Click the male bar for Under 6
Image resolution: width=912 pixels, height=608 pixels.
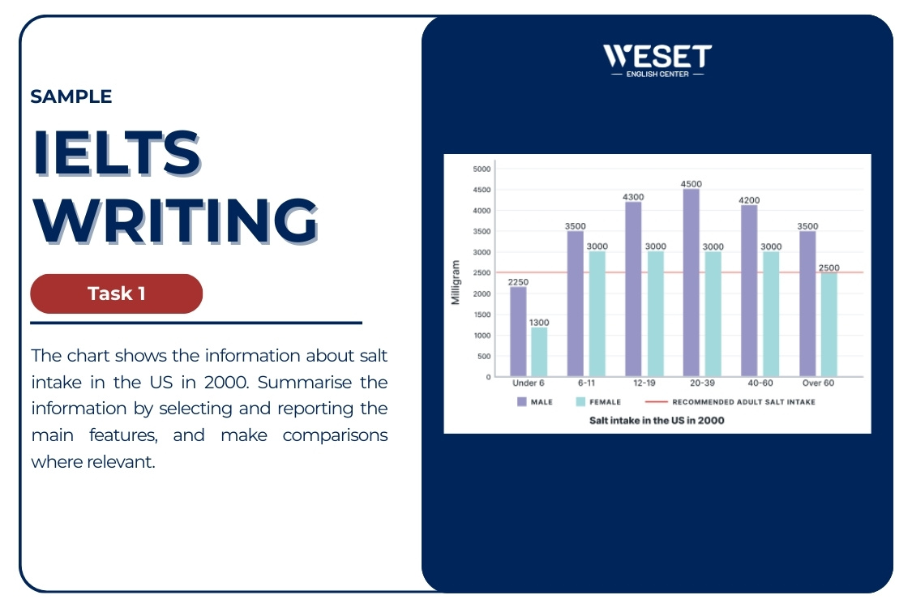coord(517,332)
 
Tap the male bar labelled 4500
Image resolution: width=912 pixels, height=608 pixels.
coord(691,283)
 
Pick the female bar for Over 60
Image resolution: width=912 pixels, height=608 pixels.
coord(828,324)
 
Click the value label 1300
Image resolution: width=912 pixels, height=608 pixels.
coord(539,323)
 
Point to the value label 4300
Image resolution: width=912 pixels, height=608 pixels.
coord(633,197)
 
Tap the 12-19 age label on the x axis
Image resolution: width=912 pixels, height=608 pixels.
coord(644,383)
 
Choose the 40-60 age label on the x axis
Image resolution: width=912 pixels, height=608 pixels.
coord(760,383)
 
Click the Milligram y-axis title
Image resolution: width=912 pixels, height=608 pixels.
coord(456,282)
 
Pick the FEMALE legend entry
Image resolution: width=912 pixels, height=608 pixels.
coord(598,401)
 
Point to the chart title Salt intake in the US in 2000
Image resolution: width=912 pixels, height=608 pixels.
coord(657,421)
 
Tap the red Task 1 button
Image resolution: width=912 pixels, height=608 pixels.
coord(116,293)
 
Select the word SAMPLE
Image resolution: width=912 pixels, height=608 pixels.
coord(71,96)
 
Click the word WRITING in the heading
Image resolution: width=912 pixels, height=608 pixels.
coord(175,220)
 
